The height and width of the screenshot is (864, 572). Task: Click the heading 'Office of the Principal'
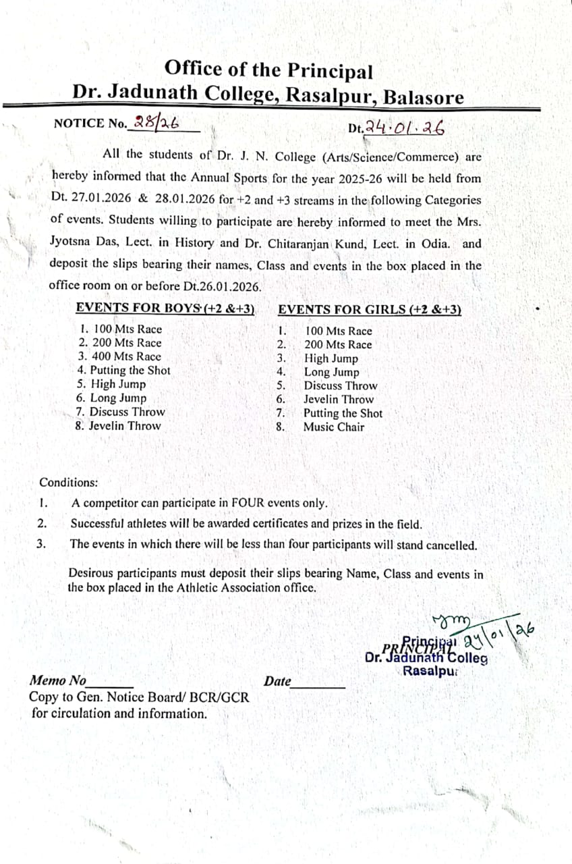point(268,70)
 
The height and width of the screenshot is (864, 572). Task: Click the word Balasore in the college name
point(424,97)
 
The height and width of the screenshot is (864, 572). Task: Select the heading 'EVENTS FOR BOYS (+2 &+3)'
point(165,308)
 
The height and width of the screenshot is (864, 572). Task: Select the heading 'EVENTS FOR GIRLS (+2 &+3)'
point(370,309)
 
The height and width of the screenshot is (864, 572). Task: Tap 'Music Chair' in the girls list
point(333,427)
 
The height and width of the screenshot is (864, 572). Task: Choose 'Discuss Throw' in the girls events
point(341,386)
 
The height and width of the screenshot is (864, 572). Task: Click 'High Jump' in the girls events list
point(331,358)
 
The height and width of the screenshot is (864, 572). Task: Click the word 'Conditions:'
point(68,483)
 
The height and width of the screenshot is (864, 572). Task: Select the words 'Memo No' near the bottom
point(58,680)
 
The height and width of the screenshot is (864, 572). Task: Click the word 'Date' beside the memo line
point(277,682)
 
